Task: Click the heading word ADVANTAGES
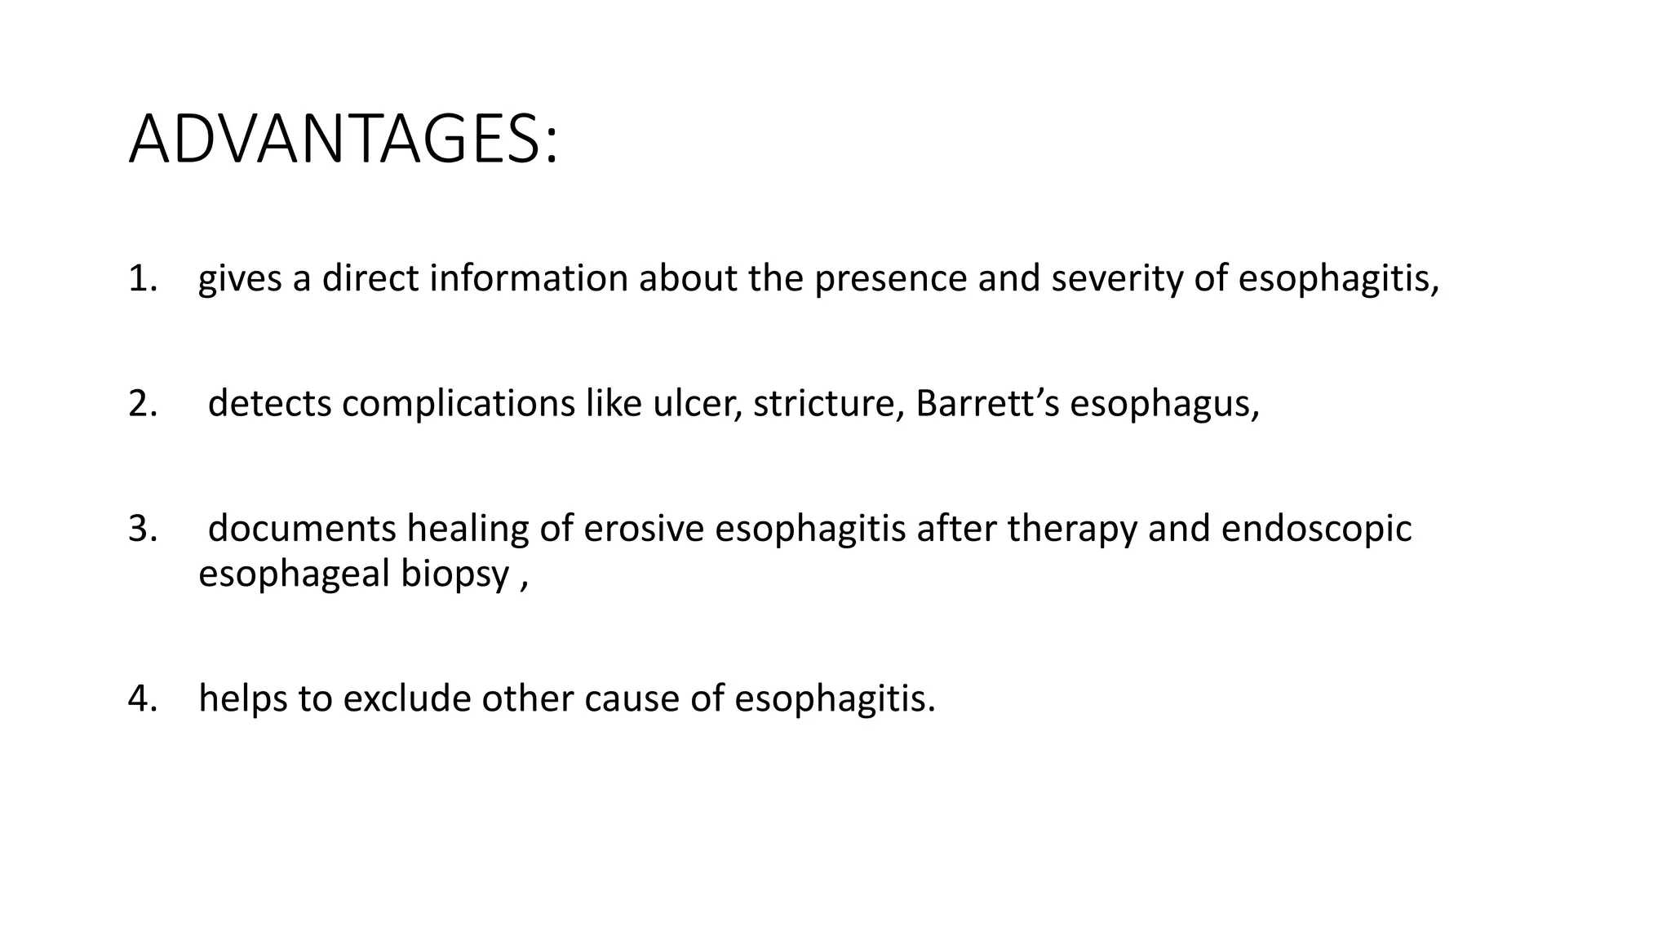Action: tap(343, 140)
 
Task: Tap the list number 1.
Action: tap(142, 279)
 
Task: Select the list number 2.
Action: tap(142, 404)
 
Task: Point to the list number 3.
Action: tap(142, 529)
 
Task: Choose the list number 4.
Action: tap(142, 699)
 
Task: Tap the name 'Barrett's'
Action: tap(987, 404)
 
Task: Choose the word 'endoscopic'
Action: tap(1316, 529)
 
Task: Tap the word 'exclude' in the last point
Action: tap(407, 699)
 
